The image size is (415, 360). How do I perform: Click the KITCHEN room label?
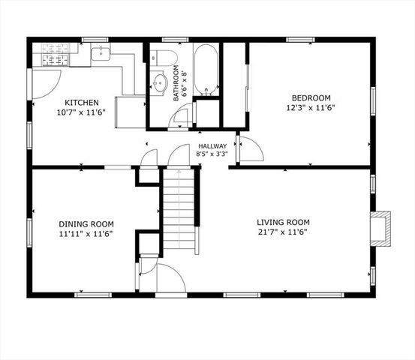point(80,103)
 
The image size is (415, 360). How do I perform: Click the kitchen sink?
point(101,52)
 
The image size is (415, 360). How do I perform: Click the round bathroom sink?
point(160,82)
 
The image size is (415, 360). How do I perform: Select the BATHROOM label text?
point(177,82)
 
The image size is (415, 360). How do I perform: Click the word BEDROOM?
point(311,97)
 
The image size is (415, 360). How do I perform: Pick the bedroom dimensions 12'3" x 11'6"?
point(311,108)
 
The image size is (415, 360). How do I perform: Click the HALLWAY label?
point(212,146)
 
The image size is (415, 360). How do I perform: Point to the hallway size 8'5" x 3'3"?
point(212,154)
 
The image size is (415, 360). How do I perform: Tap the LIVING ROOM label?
point(283,222)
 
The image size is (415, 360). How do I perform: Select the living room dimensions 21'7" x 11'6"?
point(283,232)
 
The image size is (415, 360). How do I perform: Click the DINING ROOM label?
point(86,223)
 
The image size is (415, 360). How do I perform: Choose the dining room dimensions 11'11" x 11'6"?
point(86,233)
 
